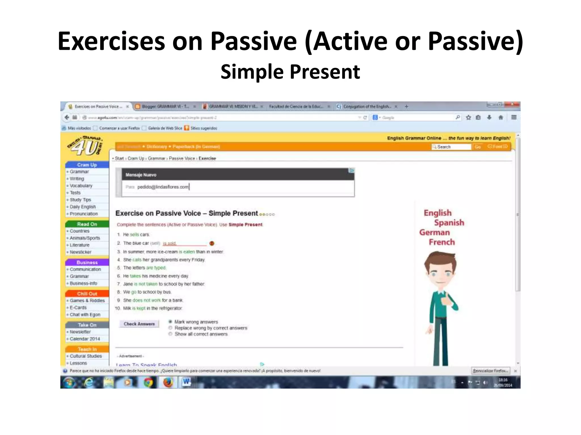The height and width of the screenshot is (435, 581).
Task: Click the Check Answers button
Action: pos(139,324)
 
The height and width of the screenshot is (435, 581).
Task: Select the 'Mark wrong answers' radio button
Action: pos(170,322)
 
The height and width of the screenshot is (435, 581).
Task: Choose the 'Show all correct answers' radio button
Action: pos(170,334)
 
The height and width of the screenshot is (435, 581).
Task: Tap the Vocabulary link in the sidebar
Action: pos(81,186)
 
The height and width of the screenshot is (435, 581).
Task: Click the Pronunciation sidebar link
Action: pos(84,214)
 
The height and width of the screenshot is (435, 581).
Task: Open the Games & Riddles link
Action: pos(87,300)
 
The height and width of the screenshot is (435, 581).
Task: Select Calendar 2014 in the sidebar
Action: pos(85,339)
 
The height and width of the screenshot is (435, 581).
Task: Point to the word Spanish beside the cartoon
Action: pos(449,223)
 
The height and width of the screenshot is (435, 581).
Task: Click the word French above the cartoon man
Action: pos(442,242)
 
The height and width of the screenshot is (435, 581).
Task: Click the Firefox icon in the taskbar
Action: pos(168,383)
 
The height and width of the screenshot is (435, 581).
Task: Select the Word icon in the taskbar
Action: pos(186,382)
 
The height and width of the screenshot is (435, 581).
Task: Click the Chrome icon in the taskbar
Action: pos(148,383)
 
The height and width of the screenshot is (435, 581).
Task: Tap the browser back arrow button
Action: pos(67,117)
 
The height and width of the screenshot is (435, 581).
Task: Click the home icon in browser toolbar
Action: pos(501,117)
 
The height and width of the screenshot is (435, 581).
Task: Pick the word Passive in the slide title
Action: pos(254,41)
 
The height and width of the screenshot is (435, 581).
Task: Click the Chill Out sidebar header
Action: pos(87,294)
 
